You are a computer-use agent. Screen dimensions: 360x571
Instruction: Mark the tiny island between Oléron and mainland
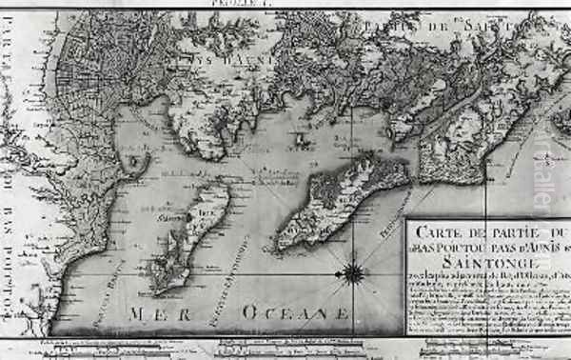(x=302, y=140)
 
